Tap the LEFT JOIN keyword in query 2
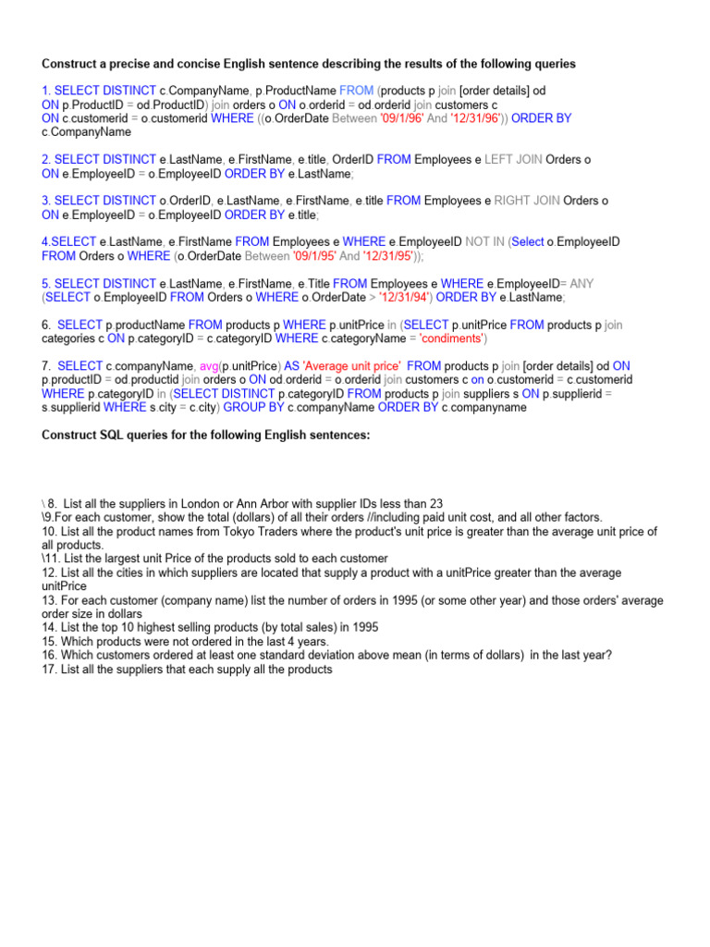click(513, 160)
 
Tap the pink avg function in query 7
click(209, 366)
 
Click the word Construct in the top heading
click(70, 65)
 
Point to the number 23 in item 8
click(437, 504)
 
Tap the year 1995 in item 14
click(364, 627)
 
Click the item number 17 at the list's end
click(49, 669)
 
